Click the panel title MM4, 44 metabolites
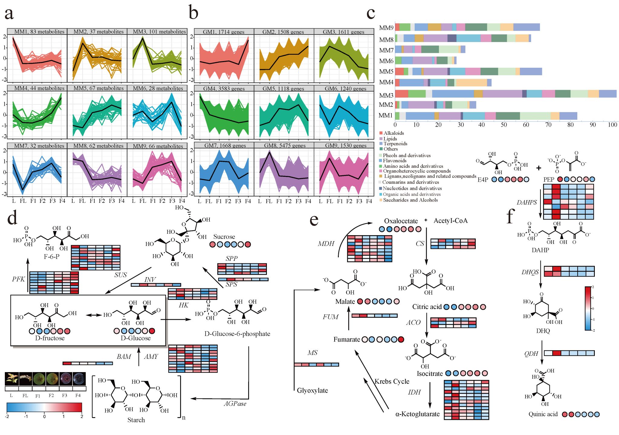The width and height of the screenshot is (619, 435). (39, 88)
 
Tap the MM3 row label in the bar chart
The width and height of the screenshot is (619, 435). (386, 95)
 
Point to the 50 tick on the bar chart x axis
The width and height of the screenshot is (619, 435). (504, 125)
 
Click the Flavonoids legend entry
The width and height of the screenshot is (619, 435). (394, 161)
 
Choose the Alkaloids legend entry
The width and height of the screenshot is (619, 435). (394, 133)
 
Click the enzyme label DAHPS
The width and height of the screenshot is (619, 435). (527, 203)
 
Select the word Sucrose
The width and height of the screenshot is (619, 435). (224, 237)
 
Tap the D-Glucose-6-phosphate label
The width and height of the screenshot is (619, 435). (237, 334)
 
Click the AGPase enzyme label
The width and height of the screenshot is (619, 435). (235, 404)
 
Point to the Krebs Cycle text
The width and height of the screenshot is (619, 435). (392, 381)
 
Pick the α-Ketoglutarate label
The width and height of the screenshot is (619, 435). (417, 414)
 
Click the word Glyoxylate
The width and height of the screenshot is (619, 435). (312, 390)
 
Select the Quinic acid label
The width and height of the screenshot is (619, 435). (543, 414)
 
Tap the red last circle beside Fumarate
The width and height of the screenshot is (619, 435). (401, 339)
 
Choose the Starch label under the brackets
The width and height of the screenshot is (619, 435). (136, 420)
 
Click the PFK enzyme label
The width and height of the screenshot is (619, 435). (18, 279)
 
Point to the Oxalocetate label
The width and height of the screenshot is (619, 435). (401, 221)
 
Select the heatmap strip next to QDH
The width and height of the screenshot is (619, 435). (569, 353)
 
